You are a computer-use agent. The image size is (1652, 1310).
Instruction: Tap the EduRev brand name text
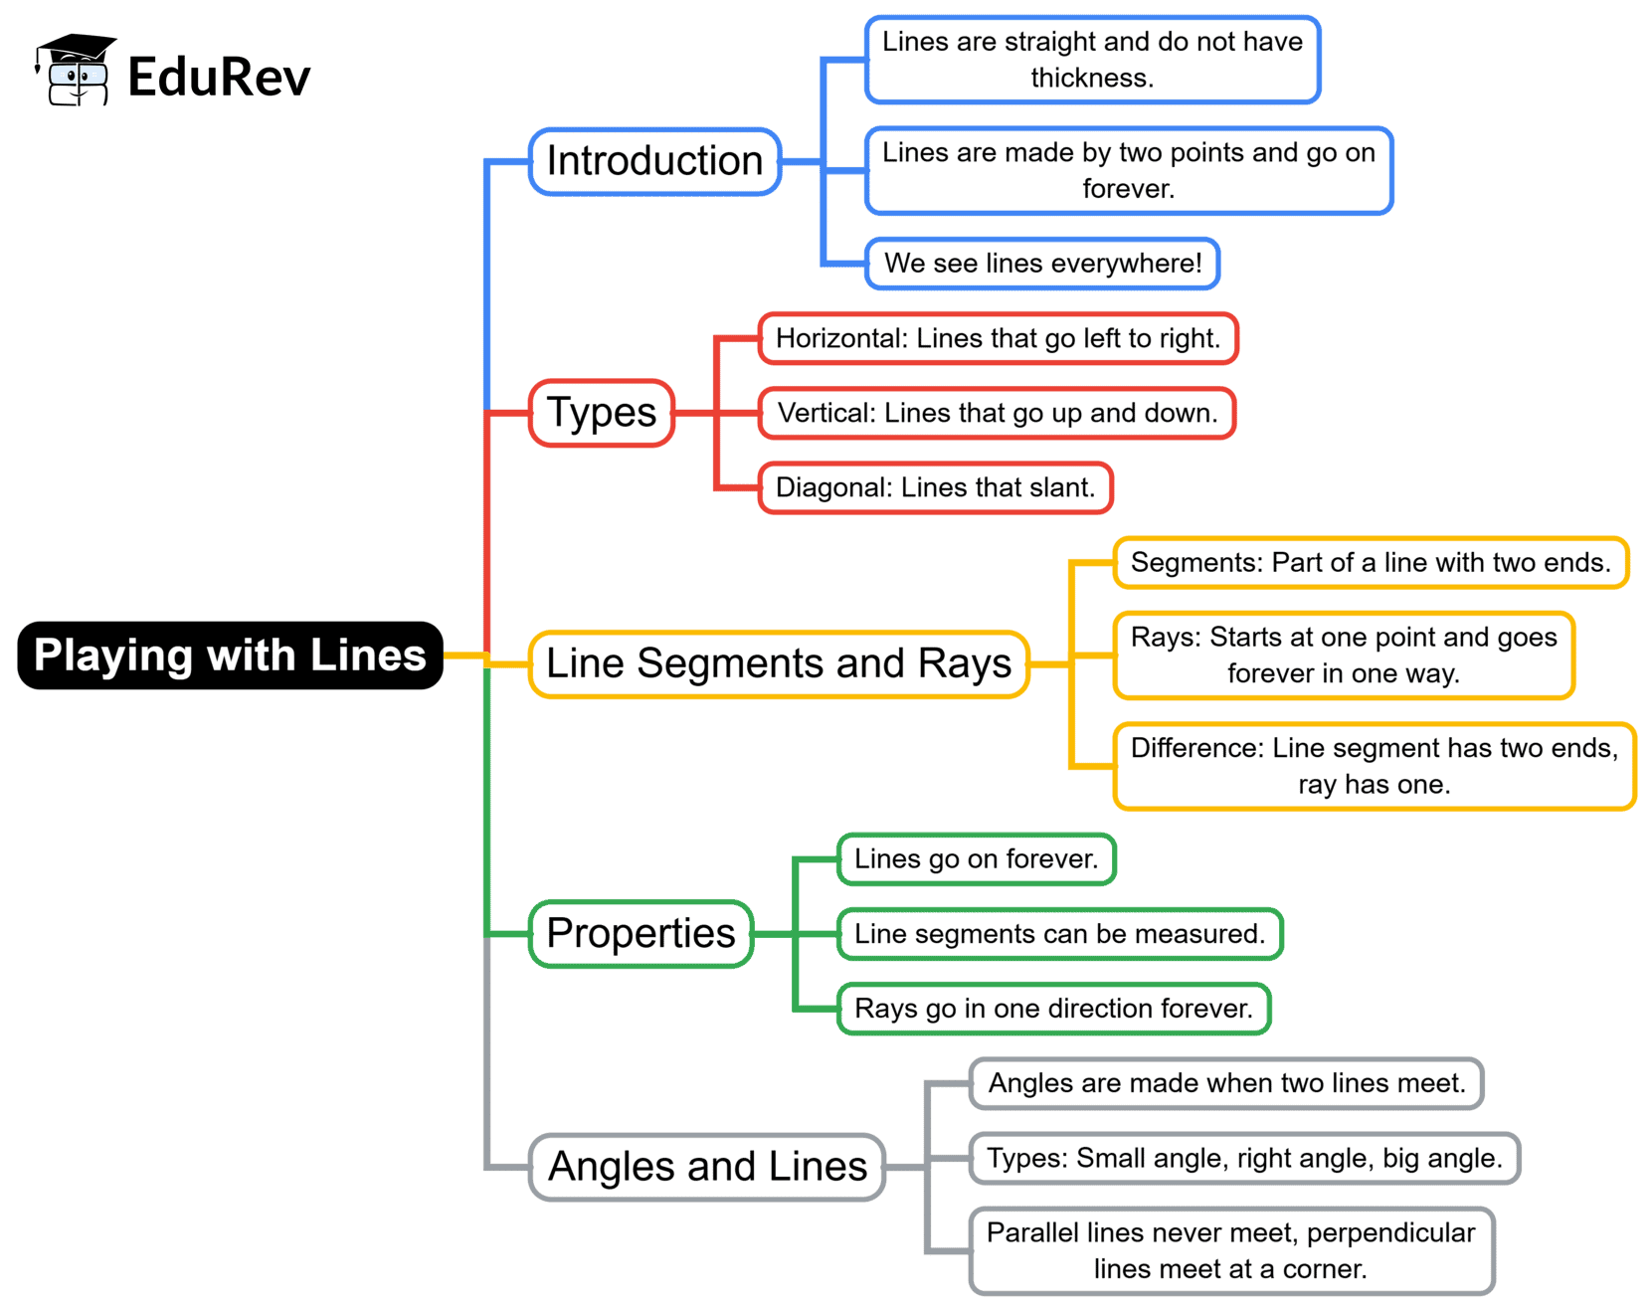(219, 78)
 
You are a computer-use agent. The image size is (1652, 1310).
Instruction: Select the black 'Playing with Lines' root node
(230, 655)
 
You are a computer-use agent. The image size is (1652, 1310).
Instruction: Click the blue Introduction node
(654, 161)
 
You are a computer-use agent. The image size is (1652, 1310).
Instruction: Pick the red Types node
(602, 413)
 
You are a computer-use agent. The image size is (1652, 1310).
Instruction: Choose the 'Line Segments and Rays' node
(779, 663)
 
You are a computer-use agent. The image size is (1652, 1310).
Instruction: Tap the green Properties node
(641, 933)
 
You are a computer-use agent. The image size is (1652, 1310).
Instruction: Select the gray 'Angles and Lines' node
(707, 1167)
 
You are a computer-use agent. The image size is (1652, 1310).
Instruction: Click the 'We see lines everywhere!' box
(1042, 264)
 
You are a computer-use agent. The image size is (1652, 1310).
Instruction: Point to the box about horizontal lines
(998, 338)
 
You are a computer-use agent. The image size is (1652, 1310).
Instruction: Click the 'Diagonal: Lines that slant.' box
(935, 487)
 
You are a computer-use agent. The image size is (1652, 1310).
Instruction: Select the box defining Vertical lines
(997, 413)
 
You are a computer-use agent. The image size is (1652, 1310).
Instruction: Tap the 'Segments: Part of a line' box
(1370, 563)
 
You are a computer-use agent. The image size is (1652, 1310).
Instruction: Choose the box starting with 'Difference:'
(1374, 766)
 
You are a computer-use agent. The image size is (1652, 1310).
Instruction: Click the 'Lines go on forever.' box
(976, 859)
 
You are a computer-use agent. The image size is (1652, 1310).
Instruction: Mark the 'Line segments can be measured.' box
(1059, 934)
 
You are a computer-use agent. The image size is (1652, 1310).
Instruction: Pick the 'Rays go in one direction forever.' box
(1053, 1009)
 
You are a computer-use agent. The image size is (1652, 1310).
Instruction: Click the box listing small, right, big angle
(1244, 1158)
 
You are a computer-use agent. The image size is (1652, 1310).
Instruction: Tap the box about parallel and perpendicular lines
(1231, 1250)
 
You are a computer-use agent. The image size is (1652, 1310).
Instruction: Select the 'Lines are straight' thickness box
(1092, 60)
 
